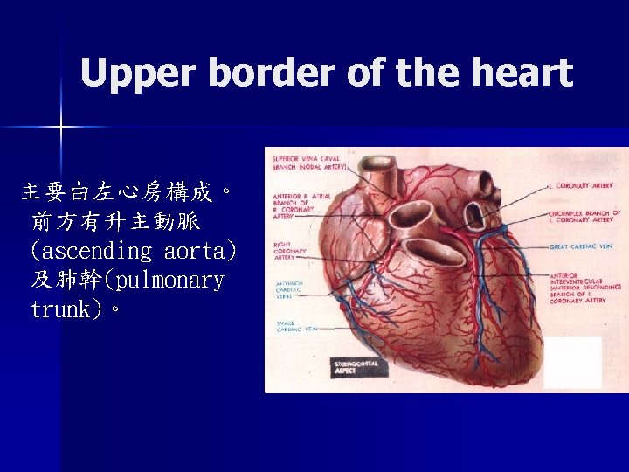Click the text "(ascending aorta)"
[133, 252]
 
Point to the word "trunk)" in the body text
[66, 309]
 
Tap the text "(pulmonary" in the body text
[166, 281]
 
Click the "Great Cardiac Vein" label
[582, 247]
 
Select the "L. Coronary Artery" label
[582, 185]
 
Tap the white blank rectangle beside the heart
[572, 361]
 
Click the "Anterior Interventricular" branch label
[584, 287]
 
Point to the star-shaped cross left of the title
[60, 128]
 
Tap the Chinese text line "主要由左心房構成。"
[128, 192]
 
